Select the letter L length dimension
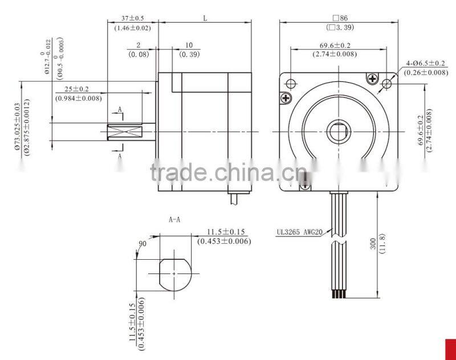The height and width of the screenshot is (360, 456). (x=205, y=18)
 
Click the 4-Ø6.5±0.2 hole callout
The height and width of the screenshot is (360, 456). (x=425, y=63)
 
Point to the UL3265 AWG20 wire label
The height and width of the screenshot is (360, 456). (x=298, y=231)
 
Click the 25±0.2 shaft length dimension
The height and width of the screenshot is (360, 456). (x=79, y=89)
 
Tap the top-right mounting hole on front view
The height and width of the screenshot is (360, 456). (x=387, y=84)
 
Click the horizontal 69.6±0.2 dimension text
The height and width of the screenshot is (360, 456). (x=335, y=46)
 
